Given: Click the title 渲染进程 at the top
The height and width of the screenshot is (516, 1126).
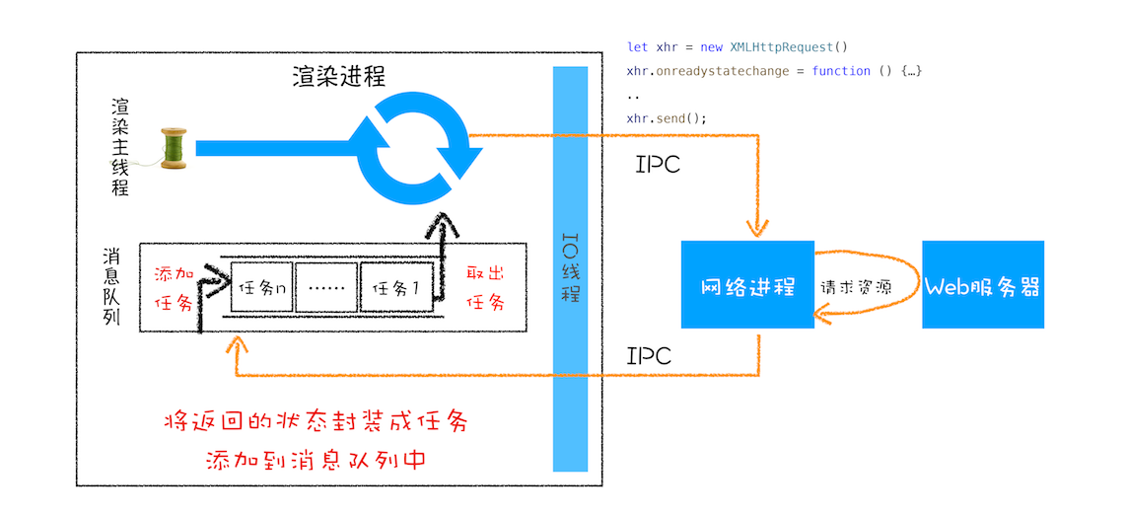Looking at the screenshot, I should pyautogui.click(x=338, y=77).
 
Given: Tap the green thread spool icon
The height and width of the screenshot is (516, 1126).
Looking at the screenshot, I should pyautogui.click(x=174, y=148).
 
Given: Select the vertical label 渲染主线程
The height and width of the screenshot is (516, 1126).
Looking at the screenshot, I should pyautogui.click(x=120, y=147).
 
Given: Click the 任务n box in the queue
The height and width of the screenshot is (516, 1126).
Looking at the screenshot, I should pyautogui.click(x=261, y=290).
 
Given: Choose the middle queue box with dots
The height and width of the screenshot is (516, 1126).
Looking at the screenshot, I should pyautogui.click(x=327, y=290).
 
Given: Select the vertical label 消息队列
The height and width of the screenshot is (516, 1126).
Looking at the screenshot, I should pyautogui.click(x=111, y=288).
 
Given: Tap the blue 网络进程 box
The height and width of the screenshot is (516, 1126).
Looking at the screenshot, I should pyautogui.click(x=747, y=287).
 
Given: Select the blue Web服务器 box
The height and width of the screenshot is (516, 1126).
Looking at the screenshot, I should pyautogui.click(x=982, y=287).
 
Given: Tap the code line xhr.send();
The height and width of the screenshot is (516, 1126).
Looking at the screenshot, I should pyautogui.click(x=667, y=118).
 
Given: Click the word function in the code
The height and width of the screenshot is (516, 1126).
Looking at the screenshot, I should pyautogui.click(x=841, y=71).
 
